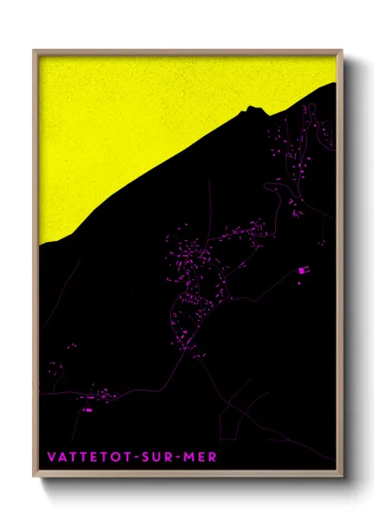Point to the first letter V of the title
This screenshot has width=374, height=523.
click(51, 457)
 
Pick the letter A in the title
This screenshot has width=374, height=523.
click(61, 457)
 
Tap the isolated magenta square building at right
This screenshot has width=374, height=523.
click(301, 270)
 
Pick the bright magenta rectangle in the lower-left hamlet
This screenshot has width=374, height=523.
click(87, 410)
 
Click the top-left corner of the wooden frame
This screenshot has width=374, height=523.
click(34, 51)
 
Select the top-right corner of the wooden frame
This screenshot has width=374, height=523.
click(341, 51)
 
